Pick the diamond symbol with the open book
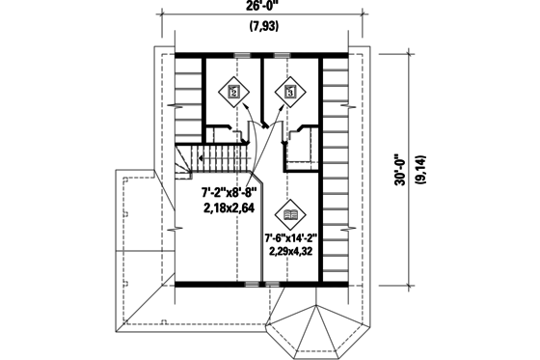pyautogui.click(x=291, y=213)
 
